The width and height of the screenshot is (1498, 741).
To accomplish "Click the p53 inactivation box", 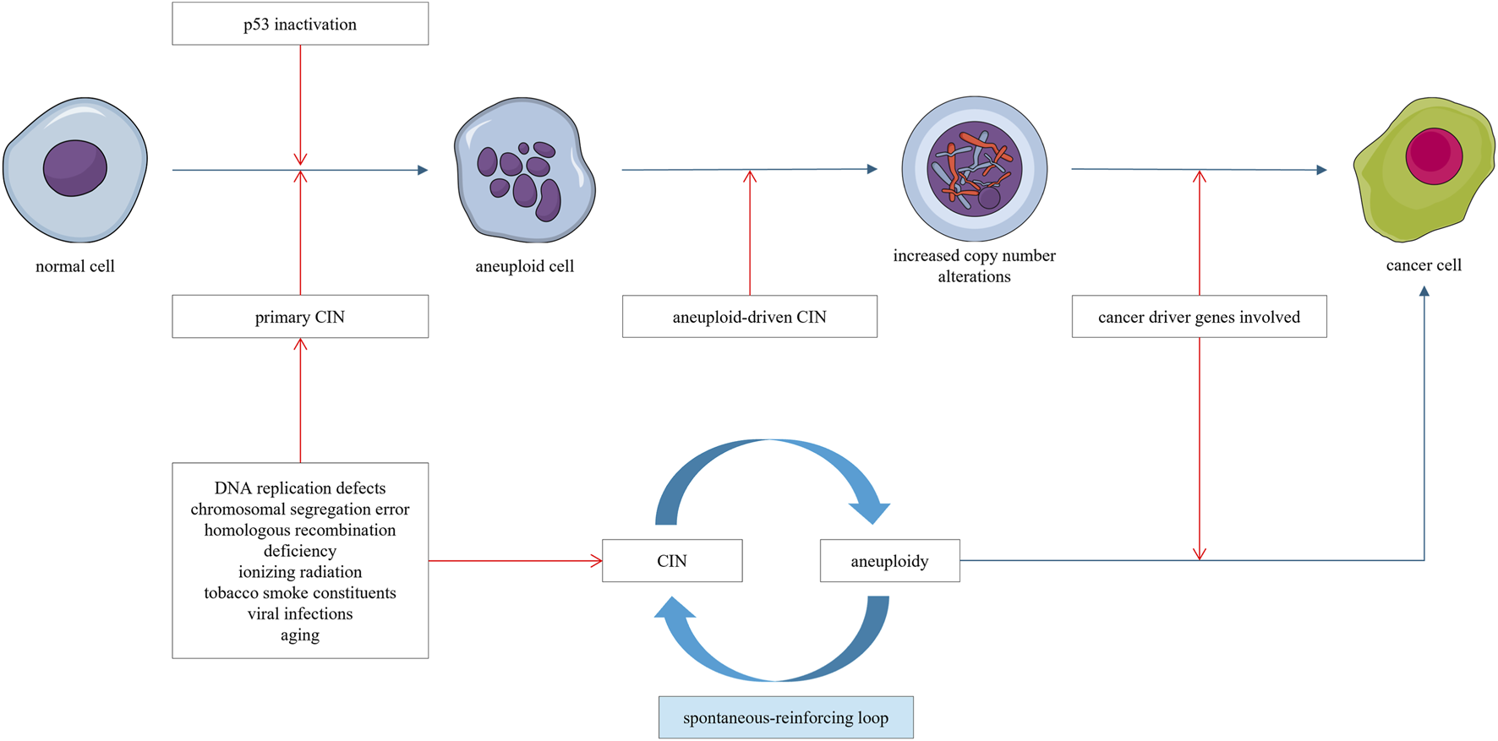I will pos(300,24).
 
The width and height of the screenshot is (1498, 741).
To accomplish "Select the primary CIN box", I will pos(300,317).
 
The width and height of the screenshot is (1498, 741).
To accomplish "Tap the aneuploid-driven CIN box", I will pos(749,317).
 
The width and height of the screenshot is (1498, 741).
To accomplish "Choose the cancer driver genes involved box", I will pos(1199,317).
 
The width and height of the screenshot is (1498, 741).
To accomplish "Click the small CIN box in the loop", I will pos(672,561).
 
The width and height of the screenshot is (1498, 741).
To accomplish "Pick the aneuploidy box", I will pos(889,561).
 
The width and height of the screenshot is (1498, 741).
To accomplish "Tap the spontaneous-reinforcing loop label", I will pos(785,718).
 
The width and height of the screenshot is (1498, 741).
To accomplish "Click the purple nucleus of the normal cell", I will pos(75,168).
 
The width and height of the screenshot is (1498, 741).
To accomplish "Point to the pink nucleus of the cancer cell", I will pos(1434,156).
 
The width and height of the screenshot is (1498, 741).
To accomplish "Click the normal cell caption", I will pos(75,266).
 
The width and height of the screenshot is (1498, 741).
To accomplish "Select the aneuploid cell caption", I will pos(524,266).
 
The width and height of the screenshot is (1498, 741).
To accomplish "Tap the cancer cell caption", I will pos(1424,265).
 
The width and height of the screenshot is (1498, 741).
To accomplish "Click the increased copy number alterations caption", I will pos(974,265).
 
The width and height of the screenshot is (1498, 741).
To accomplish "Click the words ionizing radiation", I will pos(300,572).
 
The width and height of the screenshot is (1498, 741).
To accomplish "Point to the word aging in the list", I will pos(300,635).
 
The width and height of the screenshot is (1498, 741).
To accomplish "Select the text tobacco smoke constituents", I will pos(300,593).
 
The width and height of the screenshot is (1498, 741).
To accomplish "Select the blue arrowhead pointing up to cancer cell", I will pos(1424,291).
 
